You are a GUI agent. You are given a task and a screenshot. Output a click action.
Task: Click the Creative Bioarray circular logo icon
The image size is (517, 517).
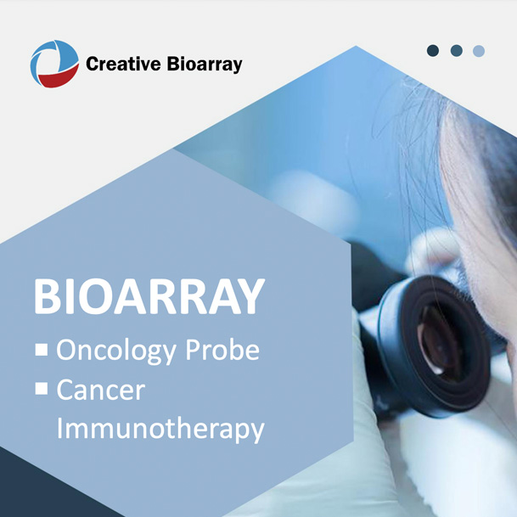point(54,64)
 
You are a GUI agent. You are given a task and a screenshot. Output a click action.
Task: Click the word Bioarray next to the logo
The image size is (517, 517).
point(205,65)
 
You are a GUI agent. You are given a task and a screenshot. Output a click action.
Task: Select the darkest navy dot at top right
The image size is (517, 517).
point(433,51)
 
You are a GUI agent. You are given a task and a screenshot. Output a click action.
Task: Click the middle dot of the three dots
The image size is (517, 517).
point(457,51)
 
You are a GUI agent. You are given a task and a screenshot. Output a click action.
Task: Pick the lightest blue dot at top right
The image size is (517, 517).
point(479,51)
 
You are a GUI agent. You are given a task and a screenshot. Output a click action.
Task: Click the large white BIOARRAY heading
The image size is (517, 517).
point(149,296)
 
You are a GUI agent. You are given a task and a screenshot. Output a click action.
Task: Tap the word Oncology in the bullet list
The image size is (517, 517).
point(116,351)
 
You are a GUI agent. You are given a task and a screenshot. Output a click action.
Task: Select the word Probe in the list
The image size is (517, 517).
point(222,349)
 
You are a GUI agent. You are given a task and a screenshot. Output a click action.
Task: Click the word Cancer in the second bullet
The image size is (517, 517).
point(101,390)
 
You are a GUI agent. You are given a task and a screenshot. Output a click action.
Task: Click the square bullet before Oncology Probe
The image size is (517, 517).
point(42,350)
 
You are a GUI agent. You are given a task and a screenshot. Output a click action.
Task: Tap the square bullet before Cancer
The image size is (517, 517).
point(42,388)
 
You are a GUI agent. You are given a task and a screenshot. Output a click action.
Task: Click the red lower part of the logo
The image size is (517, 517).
point(59,77)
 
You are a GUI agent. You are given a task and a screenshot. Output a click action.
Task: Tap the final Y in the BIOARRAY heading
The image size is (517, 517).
point(250,296)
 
